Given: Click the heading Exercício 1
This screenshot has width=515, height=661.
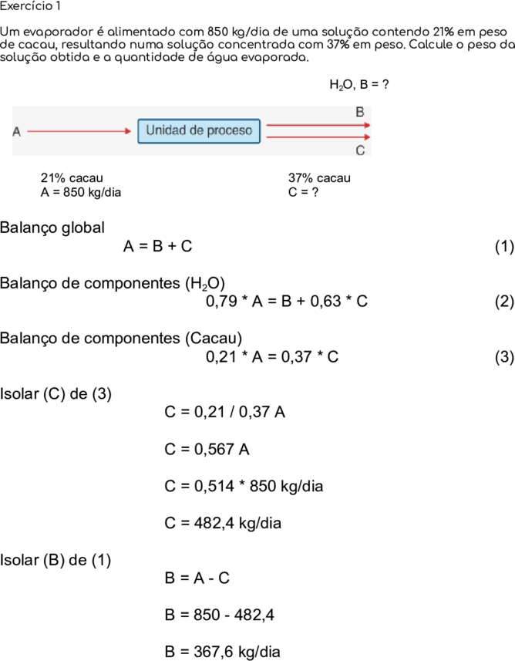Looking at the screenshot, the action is [30, 6].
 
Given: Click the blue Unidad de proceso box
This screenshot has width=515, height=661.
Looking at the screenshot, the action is [199, 131].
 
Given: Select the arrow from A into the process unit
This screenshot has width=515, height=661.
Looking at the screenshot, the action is [79, 131].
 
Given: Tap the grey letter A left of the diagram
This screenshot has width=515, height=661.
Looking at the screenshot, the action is [16, 132].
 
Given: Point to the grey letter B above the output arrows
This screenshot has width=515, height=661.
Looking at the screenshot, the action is [360, 112].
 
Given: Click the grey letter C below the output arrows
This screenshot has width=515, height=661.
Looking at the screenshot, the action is [360, 150].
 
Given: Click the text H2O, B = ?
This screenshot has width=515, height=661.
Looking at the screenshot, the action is [359, 85].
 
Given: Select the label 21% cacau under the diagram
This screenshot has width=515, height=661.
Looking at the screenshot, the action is [72, 178].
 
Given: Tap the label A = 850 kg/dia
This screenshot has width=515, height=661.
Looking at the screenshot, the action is [81, 192].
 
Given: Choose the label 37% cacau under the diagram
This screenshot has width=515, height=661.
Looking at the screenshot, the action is [319, 178].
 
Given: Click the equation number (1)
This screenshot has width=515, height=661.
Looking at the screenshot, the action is [504, 246].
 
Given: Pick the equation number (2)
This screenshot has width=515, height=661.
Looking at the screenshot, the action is [504, 302].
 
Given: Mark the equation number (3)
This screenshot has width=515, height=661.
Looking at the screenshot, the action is [504, 357].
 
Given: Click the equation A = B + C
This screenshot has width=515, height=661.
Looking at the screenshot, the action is [157, 246].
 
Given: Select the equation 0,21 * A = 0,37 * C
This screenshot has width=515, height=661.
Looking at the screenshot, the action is [272, 357].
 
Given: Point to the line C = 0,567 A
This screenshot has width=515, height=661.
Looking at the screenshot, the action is [207, 450].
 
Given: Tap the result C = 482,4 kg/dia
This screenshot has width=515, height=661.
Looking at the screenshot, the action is [223, 523].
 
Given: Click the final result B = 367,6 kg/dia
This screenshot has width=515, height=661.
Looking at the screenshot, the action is [223, 652].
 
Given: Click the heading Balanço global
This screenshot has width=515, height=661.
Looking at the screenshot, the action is [52, 228].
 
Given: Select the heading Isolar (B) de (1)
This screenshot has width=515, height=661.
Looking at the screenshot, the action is [56, 560].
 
